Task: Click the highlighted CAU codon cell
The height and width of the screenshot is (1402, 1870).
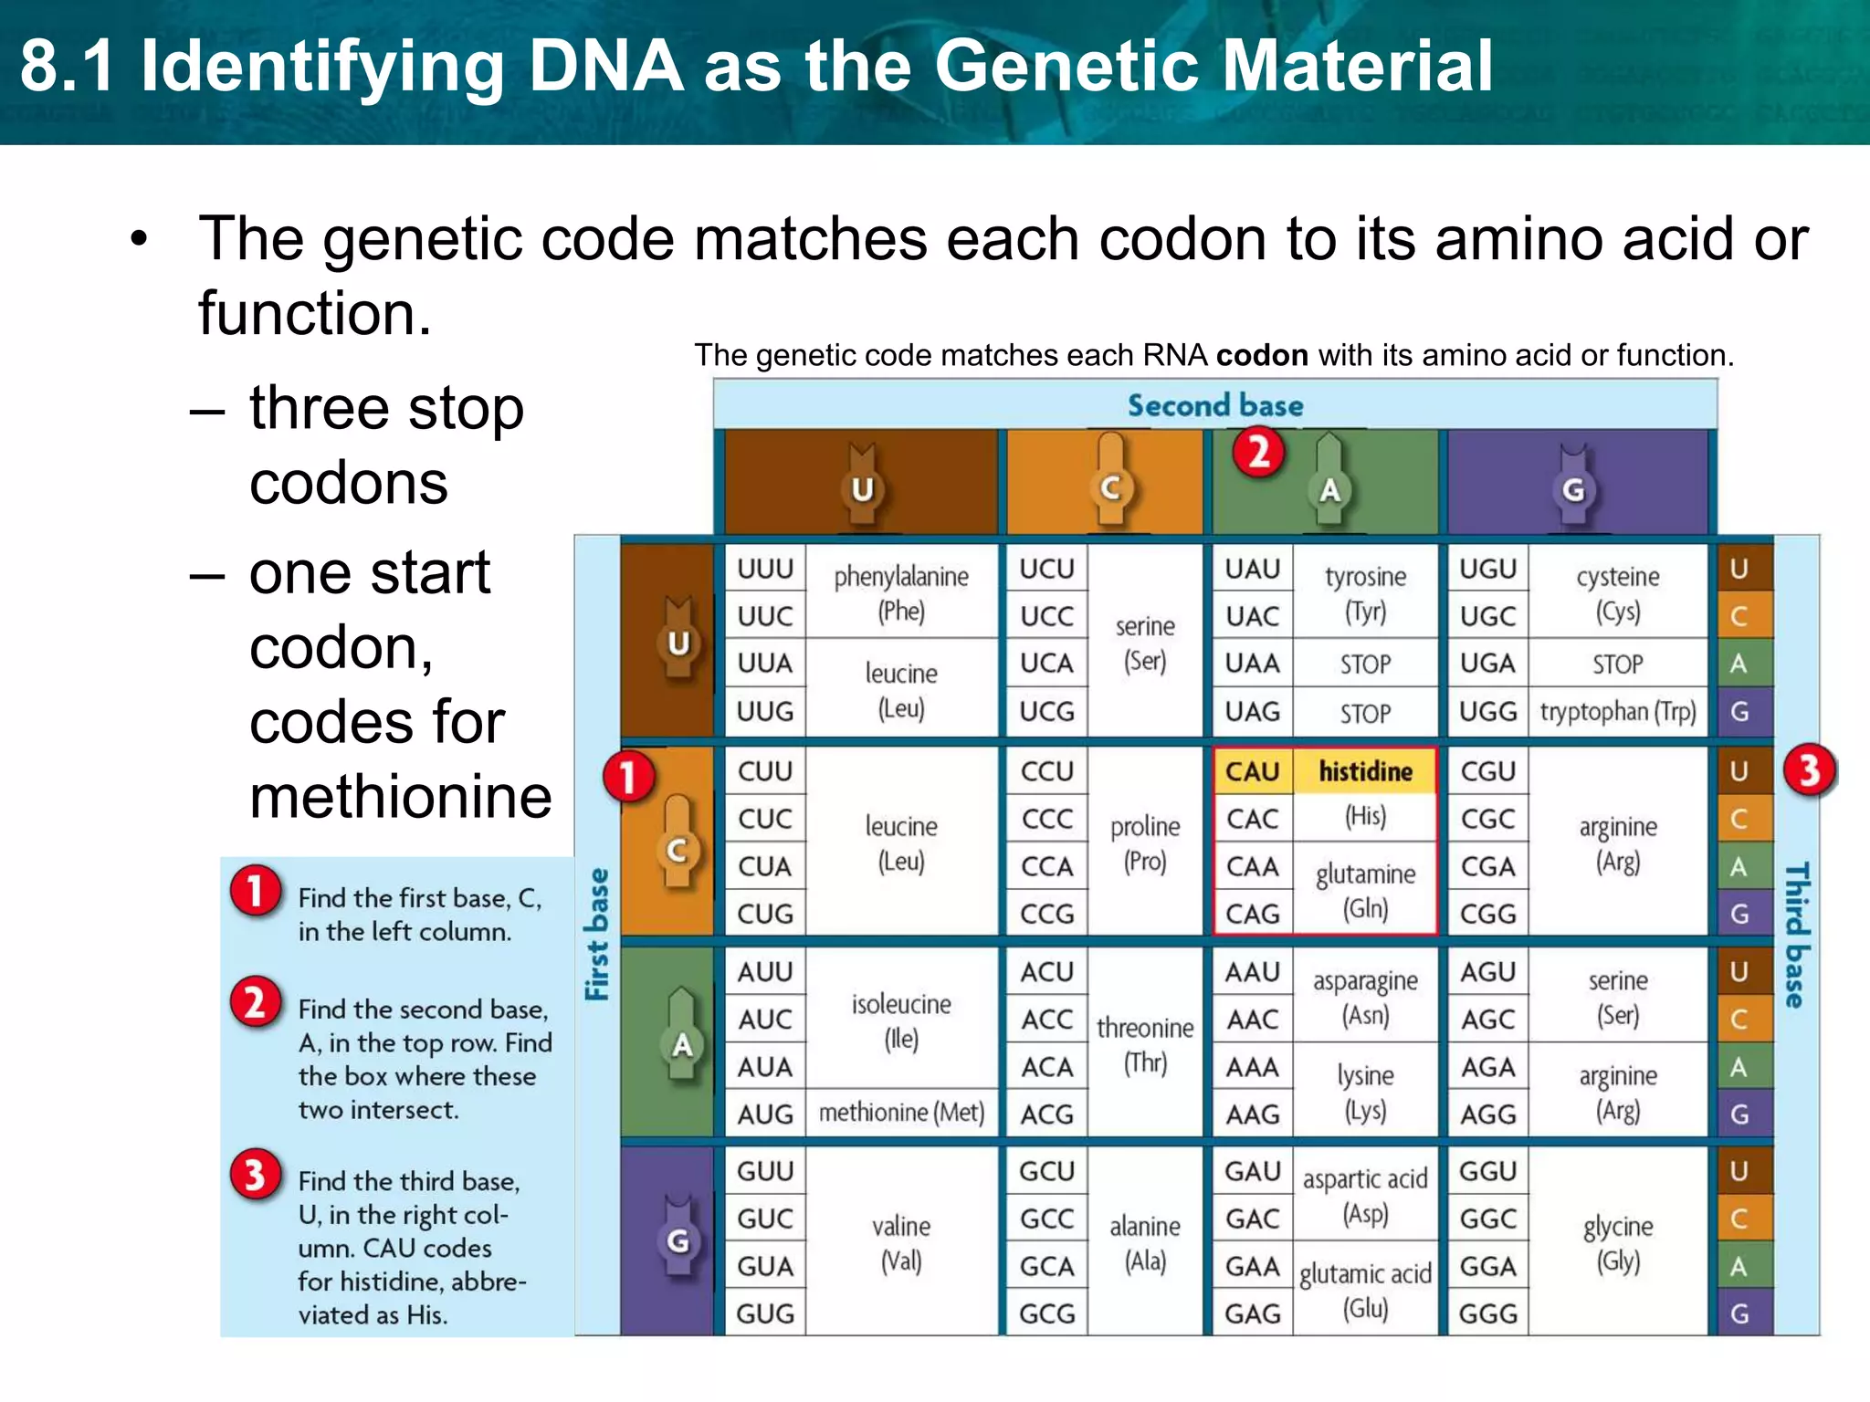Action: click(1252, 771)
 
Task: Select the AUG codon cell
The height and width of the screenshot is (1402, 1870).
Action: click(765, 1114)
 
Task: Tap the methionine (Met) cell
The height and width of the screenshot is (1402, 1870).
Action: click(901, 1113)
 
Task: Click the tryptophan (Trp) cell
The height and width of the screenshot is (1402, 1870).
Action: click(1617, 711)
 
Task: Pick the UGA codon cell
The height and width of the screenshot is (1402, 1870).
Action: click(1487, 664)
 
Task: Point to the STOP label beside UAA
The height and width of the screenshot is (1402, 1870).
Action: click(1365, 664)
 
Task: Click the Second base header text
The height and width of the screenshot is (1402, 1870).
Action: click(1214, 405)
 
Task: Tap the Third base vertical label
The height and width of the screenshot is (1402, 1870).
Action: click(1796, 935)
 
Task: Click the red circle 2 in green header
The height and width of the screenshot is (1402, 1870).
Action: click(1258, 452)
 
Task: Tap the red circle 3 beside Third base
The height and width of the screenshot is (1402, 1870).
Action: click(1809, 771)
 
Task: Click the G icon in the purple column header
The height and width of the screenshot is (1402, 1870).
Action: click(1573, 491)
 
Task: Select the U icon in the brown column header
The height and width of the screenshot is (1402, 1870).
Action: click(862, 490)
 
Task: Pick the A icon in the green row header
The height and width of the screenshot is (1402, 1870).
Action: click(681, 1044)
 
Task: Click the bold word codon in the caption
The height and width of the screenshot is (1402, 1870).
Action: click(1262, 355)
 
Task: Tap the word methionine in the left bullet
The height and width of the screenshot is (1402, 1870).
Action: click(400, 797)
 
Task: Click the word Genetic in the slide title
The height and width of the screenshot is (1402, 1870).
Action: click(1069, 67)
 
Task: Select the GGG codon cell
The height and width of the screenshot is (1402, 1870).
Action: click(1487, 1313)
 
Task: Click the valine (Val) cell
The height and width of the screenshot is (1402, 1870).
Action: click(901, 1242)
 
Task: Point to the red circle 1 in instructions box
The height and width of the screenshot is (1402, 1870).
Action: click(255, 891)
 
